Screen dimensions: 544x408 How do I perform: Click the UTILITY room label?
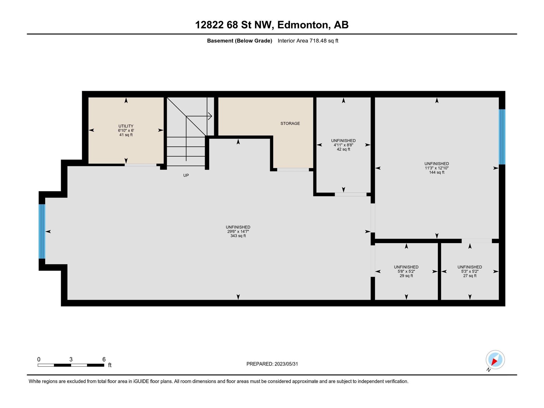tap(126, 126)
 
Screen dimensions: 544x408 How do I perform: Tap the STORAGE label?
tap(290, 123)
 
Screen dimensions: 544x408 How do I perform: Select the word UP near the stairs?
tap(186, 175)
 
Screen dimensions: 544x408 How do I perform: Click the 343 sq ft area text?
tap(238, 236)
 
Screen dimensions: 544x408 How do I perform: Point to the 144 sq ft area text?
tap(437, 172)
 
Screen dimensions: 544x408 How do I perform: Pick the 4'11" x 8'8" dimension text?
tap(343, 145)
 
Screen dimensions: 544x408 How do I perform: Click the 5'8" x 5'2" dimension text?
tap(406, 271)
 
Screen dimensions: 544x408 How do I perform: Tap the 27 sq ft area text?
tap(470, 276)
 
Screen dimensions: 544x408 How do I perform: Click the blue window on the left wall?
tap(42, 232)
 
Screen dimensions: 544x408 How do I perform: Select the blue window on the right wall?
tap(502, 137)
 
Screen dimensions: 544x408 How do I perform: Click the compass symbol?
tap(495, 360)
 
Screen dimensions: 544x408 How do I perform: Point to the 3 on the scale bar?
tap(71, 359)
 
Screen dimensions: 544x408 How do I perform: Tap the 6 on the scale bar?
tap(104, 359)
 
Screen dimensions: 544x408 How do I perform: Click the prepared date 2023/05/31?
tap(286, 364)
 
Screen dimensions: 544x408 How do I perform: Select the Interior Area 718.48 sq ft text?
tap(308, 41)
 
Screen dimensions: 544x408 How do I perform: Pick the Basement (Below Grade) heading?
tap(239, 41)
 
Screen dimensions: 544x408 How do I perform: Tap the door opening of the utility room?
tap(140, 165)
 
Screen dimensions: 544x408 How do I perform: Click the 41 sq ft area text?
tap(126, 135)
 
